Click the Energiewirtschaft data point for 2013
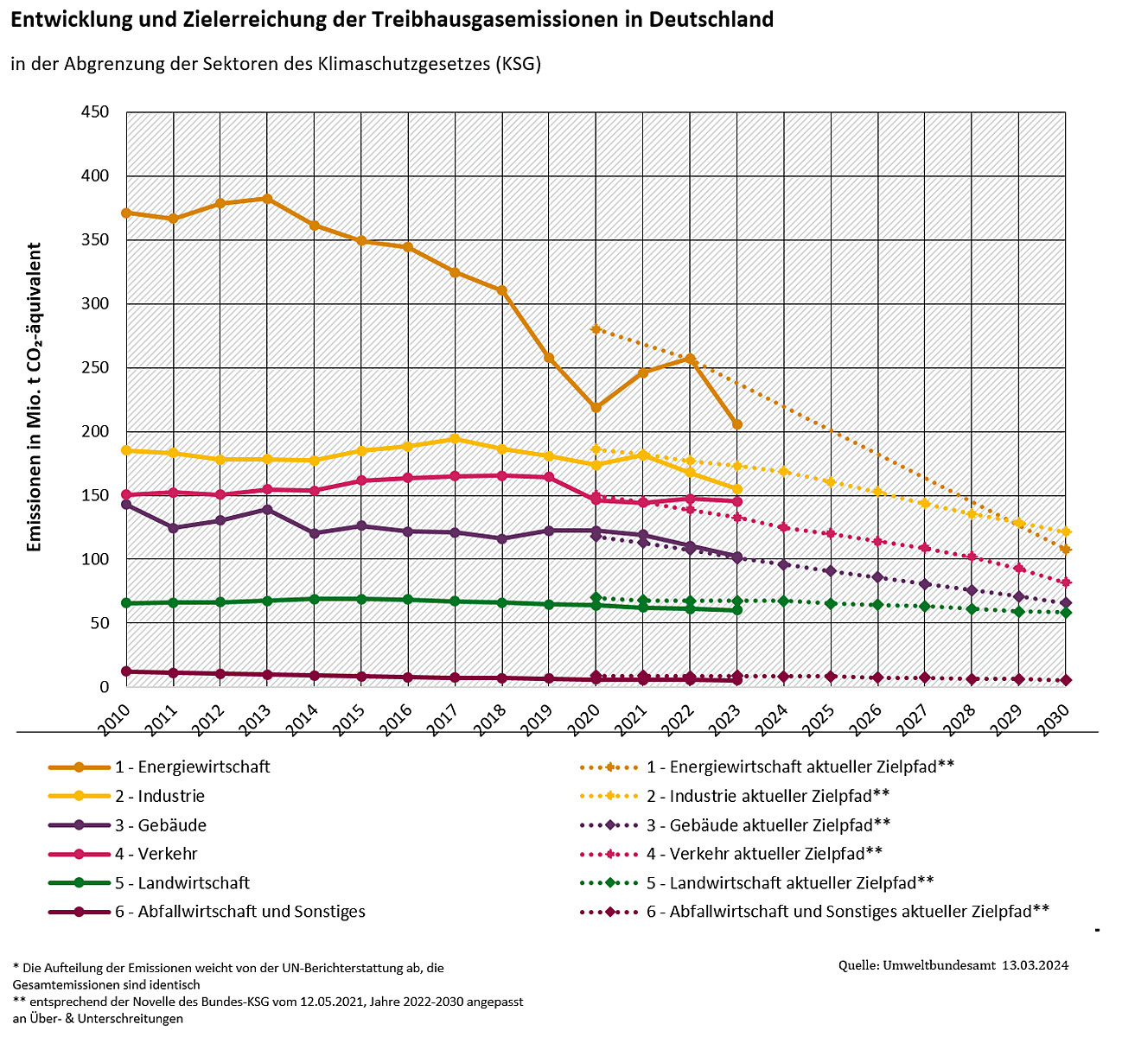click(x=267, y=199)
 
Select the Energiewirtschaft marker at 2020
click(x=596, y=407)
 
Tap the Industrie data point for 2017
click(x=456, y=439)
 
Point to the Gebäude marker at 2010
click(x=126, y=504)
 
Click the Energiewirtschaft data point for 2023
click(x=737, y=424)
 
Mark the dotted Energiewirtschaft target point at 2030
click(x=1066, y=550)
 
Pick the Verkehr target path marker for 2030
click(x=1066, y=582)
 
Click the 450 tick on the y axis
click(x=94, y=112)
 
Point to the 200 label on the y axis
click(x=94, y=431)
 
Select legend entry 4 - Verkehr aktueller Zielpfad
click(x=764, y=854)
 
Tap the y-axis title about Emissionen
click(x=35, y=398)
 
